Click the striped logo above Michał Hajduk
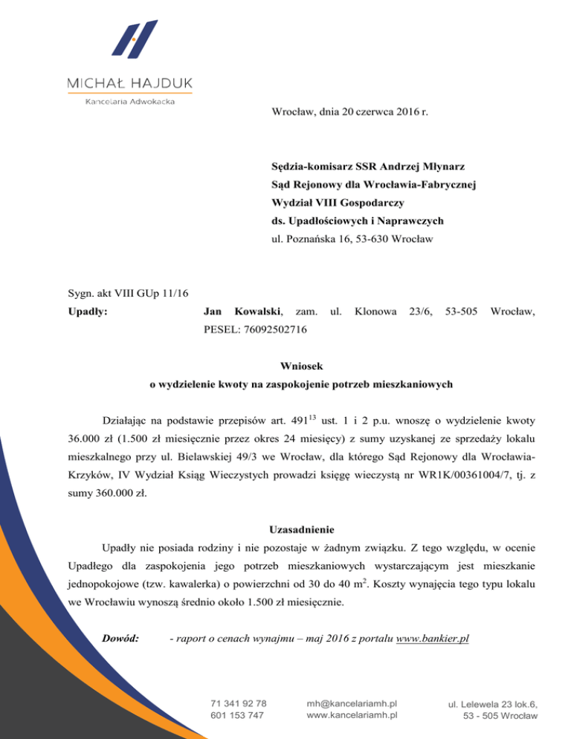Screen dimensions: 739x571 click(135, 39)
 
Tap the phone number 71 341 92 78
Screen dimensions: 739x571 click(239, 703)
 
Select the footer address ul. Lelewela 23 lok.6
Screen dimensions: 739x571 click(493, 703)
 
